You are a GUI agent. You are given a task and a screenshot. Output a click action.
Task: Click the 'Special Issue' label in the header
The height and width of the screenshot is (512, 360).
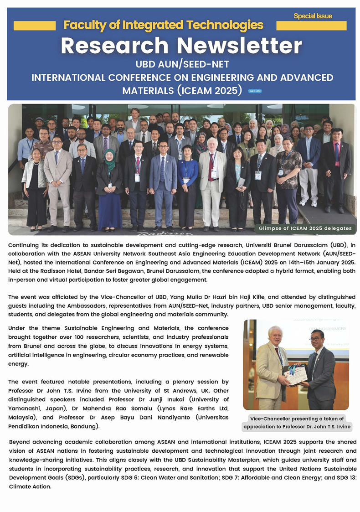pos(313,16)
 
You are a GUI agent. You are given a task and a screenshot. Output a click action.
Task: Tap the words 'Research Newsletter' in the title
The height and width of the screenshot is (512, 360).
pos(181,45)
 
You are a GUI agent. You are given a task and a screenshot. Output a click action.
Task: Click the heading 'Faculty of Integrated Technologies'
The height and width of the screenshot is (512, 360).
pos(163,25)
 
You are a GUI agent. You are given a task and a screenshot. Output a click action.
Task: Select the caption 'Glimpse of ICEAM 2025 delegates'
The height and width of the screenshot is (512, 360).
pos(305,228)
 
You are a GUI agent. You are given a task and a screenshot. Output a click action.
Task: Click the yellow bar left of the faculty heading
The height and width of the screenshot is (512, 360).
pos(35,26)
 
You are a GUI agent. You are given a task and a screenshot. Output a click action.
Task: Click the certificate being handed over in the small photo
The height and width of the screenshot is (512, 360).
pos(295,375)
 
